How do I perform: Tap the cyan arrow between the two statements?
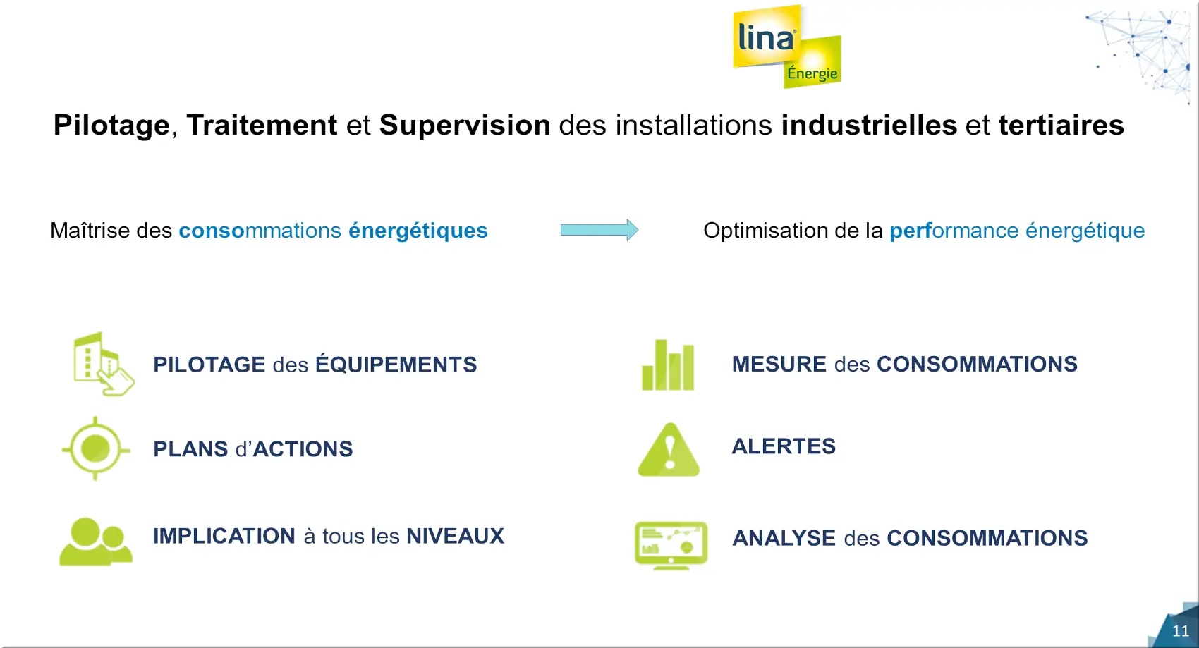tap(599, 230)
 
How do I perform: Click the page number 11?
tap(1180, 631)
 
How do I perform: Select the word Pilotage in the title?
tap(111, 126)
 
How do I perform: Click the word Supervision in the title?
tap(465, 126)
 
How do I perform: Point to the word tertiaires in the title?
tap(1061, 126)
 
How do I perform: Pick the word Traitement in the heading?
tap(262, 126)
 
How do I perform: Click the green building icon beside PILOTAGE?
tap(103, 364)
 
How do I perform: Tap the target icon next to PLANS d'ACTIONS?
tap(96, 448)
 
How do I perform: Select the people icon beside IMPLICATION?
tap(96, 541)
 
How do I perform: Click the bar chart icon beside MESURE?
tap(668, 365)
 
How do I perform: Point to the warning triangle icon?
tap(669, 449)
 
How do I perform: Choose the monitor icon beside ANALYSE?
tap(671, 545)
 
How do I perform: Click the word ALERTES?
tap(784, 446)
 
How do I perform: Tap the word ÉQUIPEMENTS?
tap(396, 364)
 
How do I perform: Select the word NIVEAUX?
tap(455, 536)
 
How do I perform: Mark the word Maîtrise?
tap(90, 231)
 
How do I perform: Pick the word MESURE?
tap(779, 365)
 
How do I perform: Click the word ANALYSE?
tap(784, 538)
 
